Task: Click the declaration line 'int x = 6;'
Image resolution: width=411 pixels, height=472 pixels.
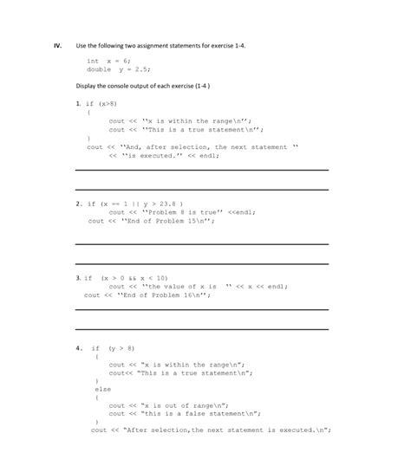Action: (108, 61)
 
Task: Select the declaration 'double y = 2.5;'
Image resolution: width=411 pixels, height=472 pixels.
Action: (115, 69)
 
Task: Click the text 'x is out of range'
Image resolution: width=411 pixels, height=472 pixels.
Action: (182, 404)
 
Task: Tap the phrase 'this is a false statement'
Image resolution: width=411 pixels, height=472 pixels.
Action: (199, 413)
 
